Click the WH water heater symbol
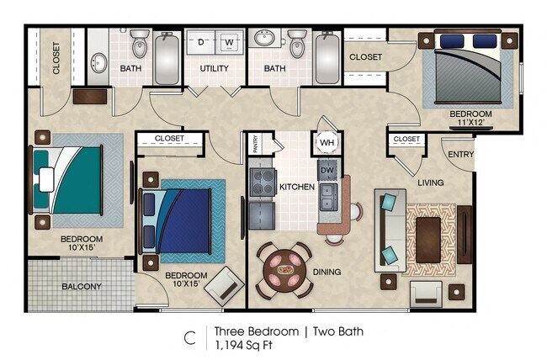click(326, 142)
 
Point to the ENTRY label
click(460, 154)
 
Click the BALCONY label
click(82, 287)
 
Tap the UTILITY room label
click(215, 68)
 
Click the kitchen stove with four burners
click(263, 182)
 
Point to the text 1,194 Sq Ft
click(243, 345)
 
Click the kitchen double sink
click(327, 200)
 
